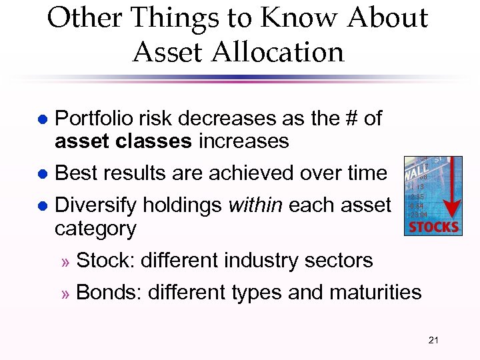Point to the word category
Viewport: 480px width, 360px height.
95,228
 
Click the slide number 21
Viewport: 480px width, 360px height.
433,341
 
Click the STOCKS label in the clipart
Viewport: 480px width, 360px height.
433,227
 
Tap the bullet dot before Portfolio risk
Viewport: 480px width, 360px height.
41,119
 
